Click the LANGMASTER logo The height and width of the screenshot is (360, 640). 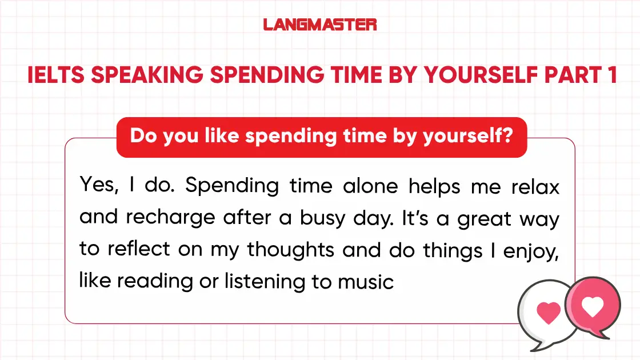[320, 25]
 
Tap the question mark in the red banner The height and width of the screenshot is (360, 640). [506, 137]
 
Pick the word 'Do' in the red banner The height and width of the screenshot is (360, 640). [142, 137]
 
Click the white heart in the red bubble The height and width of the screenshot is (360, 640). [592, 308]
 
